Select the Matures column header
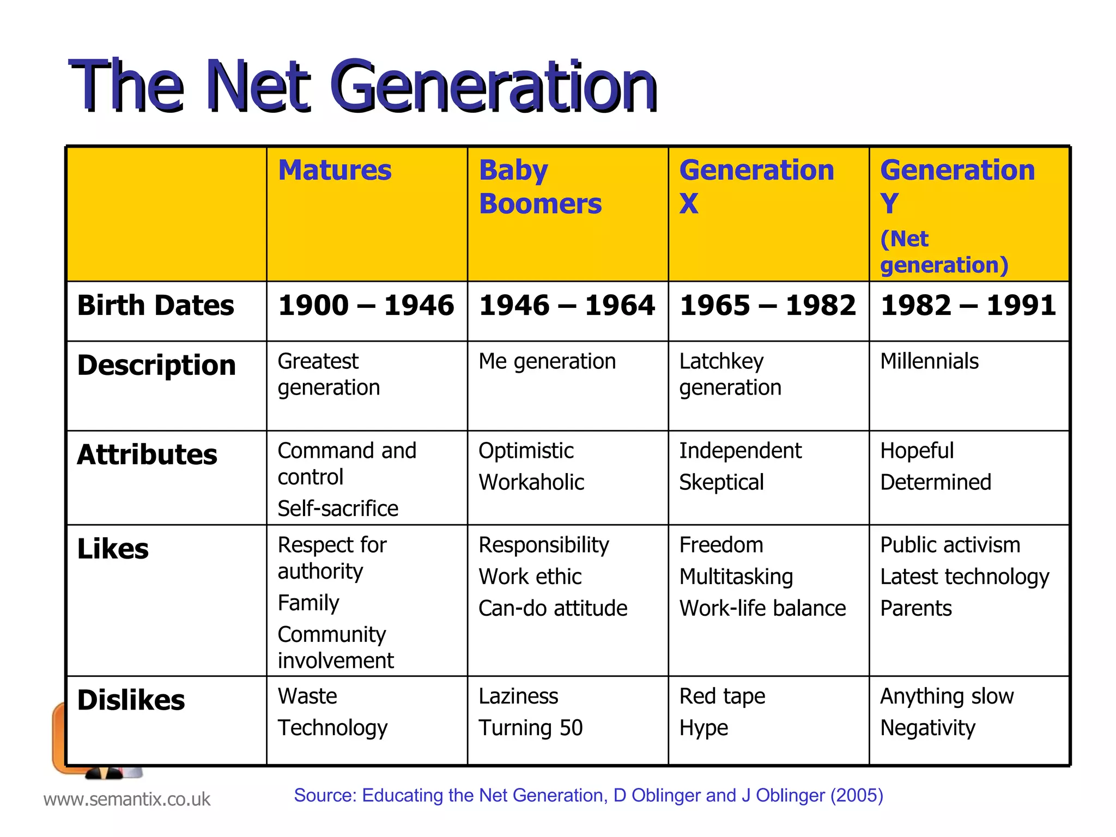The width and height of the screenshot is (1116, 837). tap(335, 170)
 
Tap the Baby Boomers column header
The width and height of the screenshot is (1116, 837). tap(539, 187)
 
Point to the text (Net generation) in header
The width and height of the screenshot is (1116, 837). tap(944, 252)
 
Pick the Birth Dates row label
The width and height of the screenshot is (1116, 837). tap(155, 305)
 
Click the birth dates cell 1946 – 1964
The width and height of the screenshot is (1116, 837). tap(567, 305)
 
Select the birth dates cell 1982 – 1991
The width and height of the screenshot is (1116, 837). tap(968, 305)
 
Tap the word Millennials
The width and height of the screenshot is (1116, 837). tap(929, 361)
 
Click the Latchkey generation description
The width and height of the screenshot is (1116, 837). tap(730, 374)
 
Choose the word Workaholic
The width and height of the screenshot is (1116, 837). tap(531, 482)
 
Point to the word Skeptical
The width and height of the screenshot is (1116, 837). tap(721, 482)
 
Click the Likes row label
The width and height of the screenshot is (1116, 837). tap(113, 549)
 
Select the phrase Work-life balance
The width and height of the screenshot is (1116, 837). tap(762, 608)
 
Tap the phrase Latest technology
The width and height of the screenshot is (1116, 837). tap(965, 577)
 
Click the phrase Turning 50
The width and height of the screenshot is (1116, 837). tap(531, 728)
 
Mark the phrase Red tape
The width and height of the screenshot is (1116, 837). tap(722, 696)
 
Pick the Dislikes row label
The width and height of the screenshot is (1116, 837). tap(131, 700)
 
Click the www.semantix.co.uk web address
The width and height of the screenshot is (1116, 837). tap(126, 799)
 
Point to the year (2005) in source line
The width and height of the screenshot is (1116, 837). tap(856, 796)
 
